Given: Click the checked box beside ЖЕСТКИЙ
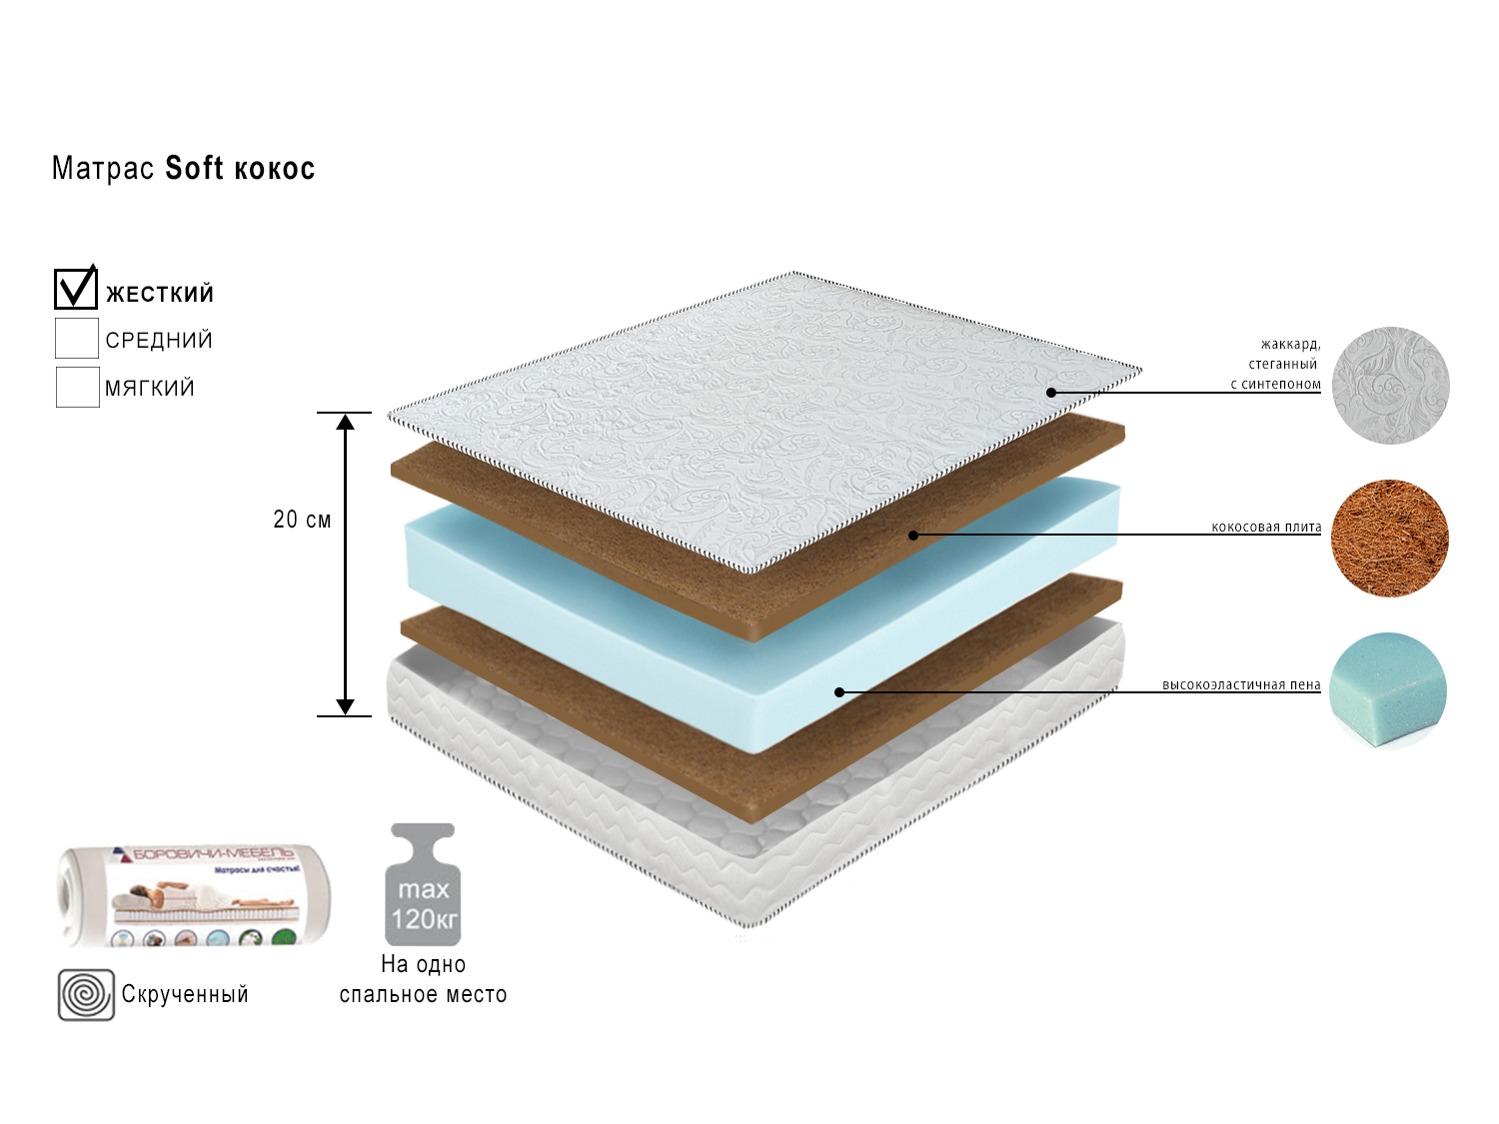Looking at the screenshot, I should pyautogui.click(x=76, y=289).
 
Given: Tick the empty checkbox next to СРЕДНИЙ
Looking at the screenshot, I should pyautogui.click(x=77, y=339).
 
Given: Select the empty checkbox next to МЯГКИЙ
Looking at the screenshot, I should pyautogui.click(x=77, y=388).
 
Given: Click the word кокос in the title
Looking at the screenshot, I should pyautogui.click(x=274, y=168).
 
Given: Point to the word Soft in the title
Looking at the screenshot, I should pyautogui.click(x=194, y=168).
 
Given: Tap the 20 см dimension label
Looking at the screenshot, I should pyautogui.click(x=302, y=520).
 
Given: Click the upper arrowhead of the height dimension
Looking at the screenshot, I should pyautogui.click(x=345, y=422).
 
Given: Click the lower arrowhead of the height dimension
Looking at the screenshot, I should pyautogui.click(x=345, y=706).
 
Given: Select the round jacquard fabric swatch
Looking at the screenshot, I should pyautogui.click(x=1390, y=386).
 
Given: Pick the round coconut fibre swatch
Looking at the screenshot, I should pyautogui.click(x=1389, y=539).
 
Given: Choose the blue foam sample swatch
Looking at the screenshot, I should pyautogui.click(x=1388, y=689).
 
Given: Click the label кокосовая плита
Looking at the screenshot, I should pyautogui.click(x=1266, y=527).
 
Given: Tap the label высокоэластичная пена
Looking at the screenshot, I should pyautogui.click(x=1241, y=684).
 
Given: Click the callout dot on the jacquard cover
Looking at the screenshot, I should pyautogui.click(x=1051, y=393).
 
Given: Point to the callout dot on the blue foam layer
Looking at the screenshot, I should pyautogui.click(x=839, y=691).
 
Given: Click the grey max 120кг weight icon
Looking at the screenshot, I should pyautogui.click(x=423, y=885).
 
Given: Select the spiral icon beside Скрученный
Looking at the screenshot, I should pyautogui.click(x=86, y=995).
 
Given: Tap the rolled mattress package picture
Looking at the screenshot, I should pyautogui.click(x=194, y=895).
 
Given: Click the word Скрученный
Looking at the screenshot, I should pyautogui.click(x=185, y=994).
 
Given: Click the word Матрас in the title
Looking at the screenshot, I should pyautogui.click(x=102, y=168).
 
